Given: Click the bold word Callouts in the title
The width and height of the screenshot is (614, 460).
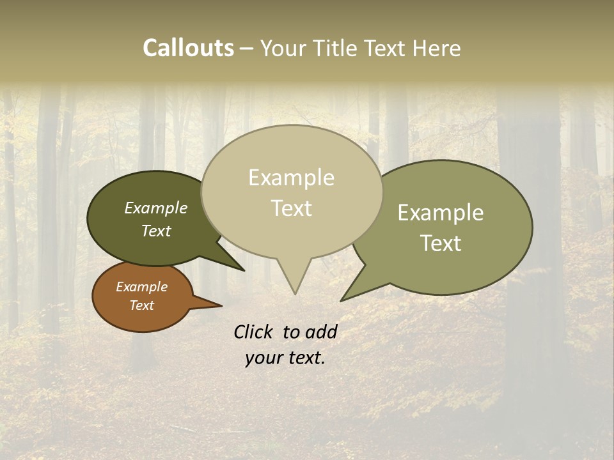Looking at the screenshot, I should (188, 48).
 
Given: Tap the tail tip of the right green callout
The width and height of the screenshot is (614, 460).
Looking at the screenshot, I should (342, 300).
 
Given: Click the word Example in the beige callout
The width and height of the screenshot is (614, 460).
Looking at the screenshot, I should (291, 178).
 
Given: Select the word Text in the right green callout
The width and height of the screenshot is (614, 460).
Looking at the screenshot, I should (441, 243).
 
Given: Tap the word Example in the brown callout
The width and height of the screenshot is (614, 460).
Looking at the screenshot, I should (141, 287).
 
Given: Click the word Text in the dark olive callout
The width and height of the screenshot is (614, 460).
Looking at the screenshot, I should (156, 231).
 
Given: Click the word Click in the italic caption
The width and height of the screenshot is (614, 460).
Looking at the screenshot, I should (254, 332).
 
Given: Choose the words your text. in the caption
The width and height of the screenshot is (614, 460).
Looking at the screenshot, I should (285, 358).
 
